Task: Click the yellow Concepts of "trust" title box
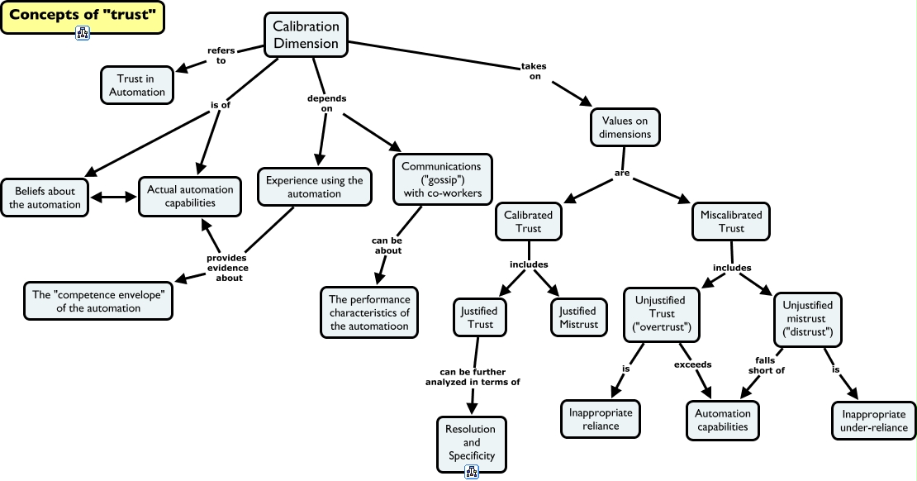click(83, 17)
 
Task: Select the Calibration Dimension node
click(306, 36)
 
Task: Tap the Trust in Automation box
click(137, 85)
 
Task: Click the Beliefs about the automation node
click(45, 198)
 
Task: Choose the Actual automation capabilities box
click(190, 196)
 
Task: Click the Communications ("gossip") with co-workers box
click(441, 180)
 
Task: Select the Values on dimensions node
click(625, 127)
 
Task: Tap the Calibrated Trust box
click(528, 221)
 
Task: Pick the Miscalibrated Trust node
click(731, 221)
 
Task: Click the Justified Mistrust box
click(577, 317)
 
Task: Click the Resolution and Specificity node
click(471, 442)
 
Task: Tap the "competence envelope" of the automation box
click(98, 301)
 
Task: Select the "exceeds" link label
click(692, 364)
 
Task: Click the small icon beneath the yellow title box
click(83, 33)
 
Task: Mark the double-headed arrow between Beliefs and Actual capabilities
click(112, 198)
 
